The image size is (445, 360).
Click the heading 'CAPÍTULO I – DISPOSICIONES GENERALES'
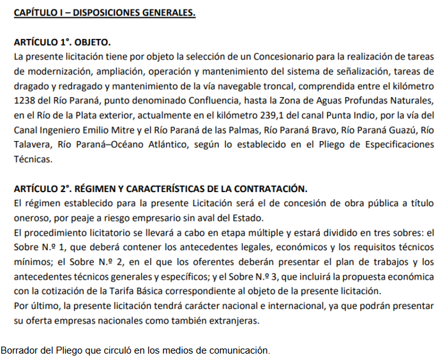point(105,13)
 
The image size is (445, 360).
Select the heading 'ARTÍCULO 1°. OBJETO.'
point(62,43)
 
